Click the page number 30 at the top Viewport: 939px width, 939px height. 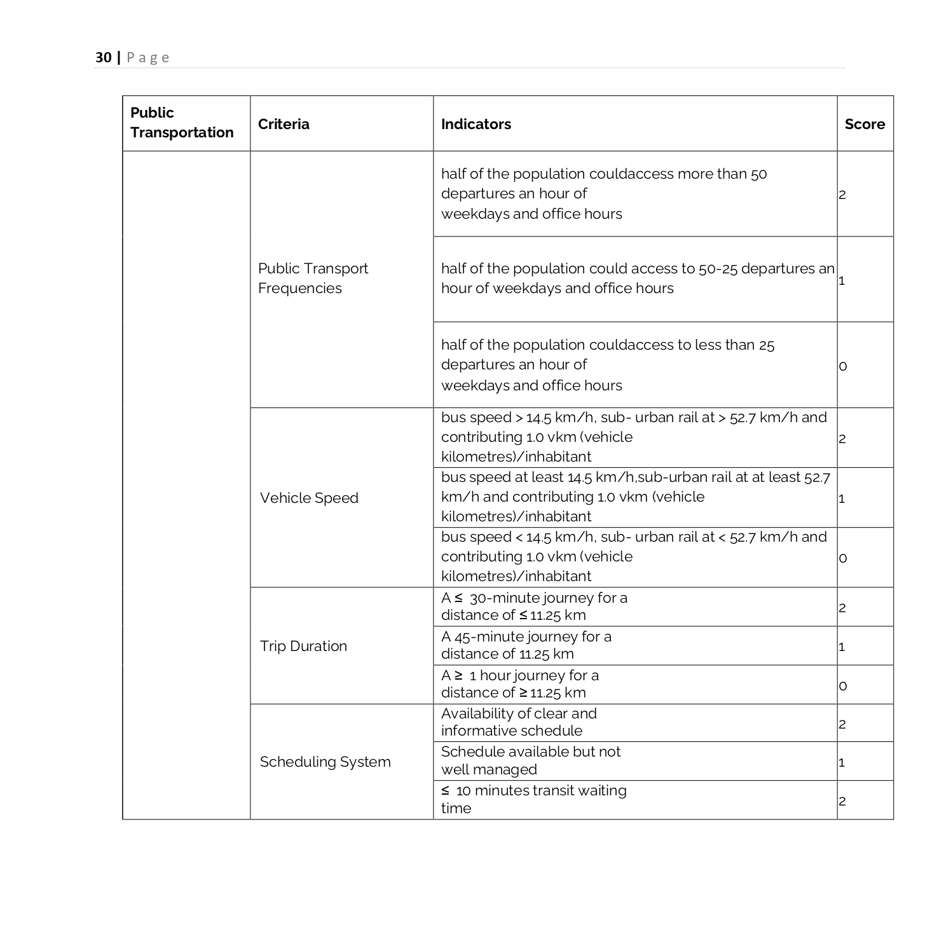coord(103,58)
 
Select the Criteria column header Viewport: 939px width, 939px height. coord(284,124)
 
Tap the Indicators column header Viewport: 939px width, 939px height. coord(476,124)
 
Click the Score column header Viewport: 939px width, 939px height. coord(864,124)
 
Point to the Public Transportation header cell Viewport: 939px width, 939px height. coord(182,123)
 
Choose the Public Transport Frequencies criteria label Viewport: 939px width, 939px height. coord(313,278)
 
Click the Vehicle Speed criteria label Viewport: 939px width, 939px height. coord(309,498)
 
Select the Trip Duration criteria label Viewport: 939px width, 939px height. coord(303,646)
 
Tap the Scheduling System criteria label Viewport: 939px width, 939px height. coord(325,762)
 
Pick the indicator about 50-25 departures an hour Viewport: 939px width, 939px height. coord(636,278)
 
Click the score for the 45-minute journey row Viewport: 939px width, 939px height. coord(842,647)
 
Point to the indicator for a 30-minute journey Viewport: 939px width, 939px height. coord(534,607)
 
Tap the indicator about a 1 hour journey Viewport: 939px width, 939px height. coord(520,684)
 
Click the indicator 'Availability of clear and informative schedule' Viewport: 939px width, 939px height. coord(519,722)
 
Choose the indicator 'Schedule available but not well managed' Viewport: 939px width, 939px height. coord(530,760)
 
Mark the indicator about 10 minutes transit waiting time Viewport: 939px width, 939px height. coord(533,799)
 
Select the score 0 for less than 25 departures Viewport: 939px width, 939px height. coord(843,366)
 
